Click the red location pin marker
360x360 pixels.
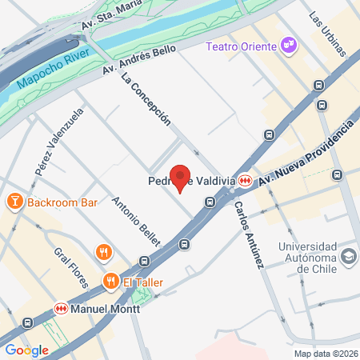pyautogui.click(x=180, y=178)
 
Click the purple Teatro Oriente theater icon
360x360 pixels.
pyautogui.click(x=289, y=46)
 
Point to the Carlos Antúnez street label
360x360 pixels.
pyautogui.click(x=249, y=234)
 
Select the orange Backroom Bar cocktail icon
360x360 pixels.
pyautogui.click(x=14, y=202)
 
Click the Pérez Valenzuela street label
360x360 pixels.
pyautogui.click(x=60, y=143)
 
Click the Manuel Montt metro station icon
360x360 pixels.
pyautogui.click(x=60, y=308)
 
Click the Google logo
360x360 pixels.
pyautogui.click(x=26, y=350)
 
